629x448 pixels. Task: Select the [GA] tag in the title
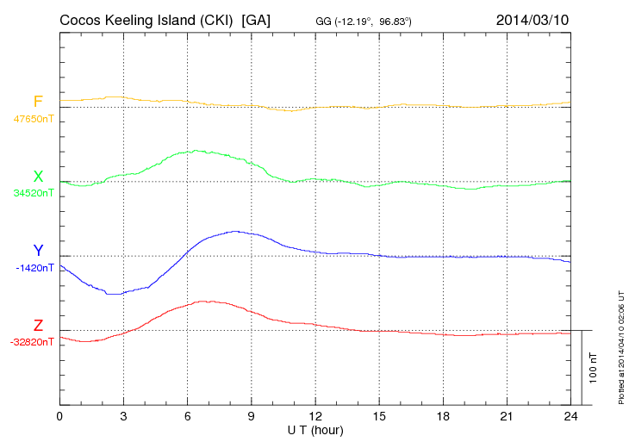coord(257,19)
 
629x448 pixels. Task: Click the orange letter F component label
coord(38,103)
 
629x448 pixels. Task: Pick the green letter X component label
coord(38,177)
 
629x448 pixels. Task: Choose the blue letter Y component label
coord(38,251)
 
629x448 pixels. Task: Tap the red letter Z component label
coord(38,325)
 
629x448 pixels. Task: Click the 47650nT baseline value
coord(34,119)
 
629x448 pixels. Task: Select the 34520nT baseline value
coord(34,193)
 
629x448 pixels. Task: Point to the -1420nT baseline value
coord(34,267)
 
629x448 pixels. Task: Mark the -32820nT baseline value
coord(33,341)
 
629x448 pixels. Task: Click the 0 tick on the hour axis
coord(59,416)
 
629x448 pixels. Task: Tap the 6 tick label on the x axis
coord(187,416)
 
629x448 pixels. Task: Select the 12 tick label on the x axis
coord(315,416)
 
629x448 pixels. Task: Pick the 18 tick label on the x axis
coord(443,416)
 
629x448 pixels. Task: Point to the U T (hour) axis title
coord(315,429)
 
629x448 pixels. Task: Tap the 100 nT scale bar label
coord(594,368)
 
